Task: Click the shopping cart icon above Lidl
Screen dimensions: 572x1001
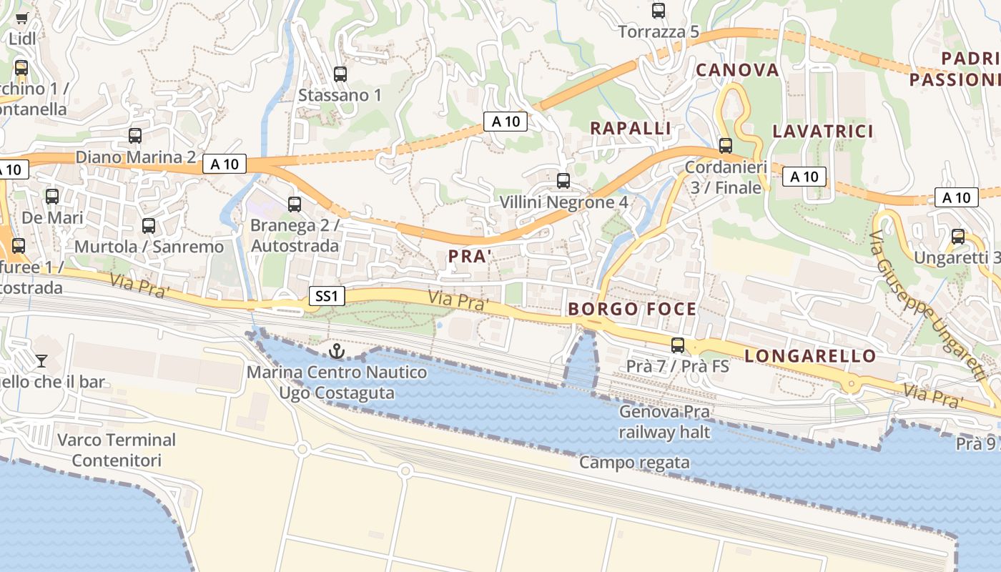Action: click(21, 18)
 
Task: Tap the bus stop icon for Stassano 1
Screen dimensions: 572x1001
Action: click(340, 74)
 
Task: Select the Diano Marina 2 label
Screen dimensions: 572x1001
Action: click(136, 157)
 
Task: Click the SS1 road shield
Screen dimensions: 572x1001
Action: click(327, 296)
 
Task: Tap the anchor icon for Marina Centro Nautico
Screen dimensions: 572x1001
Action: click(336, 351)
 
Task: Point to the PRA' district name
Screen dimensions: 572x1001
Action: click(469, 256)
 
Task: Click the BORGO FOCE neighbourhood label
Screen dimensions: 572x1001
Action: click(632, 309)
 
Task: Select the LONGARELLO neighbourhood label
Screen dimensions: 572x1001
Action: click(810, 356)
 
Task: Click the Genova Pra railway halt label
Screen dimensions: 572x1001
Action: click(664, 422)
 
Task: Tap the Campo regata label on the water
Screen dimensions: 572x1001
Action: click(634, 463)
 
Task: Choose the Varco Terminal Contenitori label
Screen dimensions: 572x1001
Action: click(117, 450)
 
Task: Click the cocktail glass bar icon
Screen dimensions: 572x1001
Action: click(41, 360)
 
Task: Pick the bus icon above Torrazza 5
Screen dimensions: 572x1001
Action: click(659, 11)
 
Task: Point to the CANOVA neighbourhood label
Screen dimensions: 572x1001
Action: click(737, 70)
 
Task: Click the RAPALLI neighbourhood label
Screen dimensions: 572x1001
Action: click(630, 129)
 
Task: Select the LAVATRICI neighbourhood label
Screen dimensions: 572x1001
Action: click(823, 131)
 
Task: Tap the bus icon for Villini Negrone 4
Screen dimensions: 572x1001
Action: click(563, 181)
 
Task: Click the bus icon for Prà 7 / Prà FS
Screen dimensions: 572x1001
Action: click(678, 345)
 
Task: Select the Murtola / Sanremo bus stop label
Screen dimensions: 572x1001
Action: click(149, 247)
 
